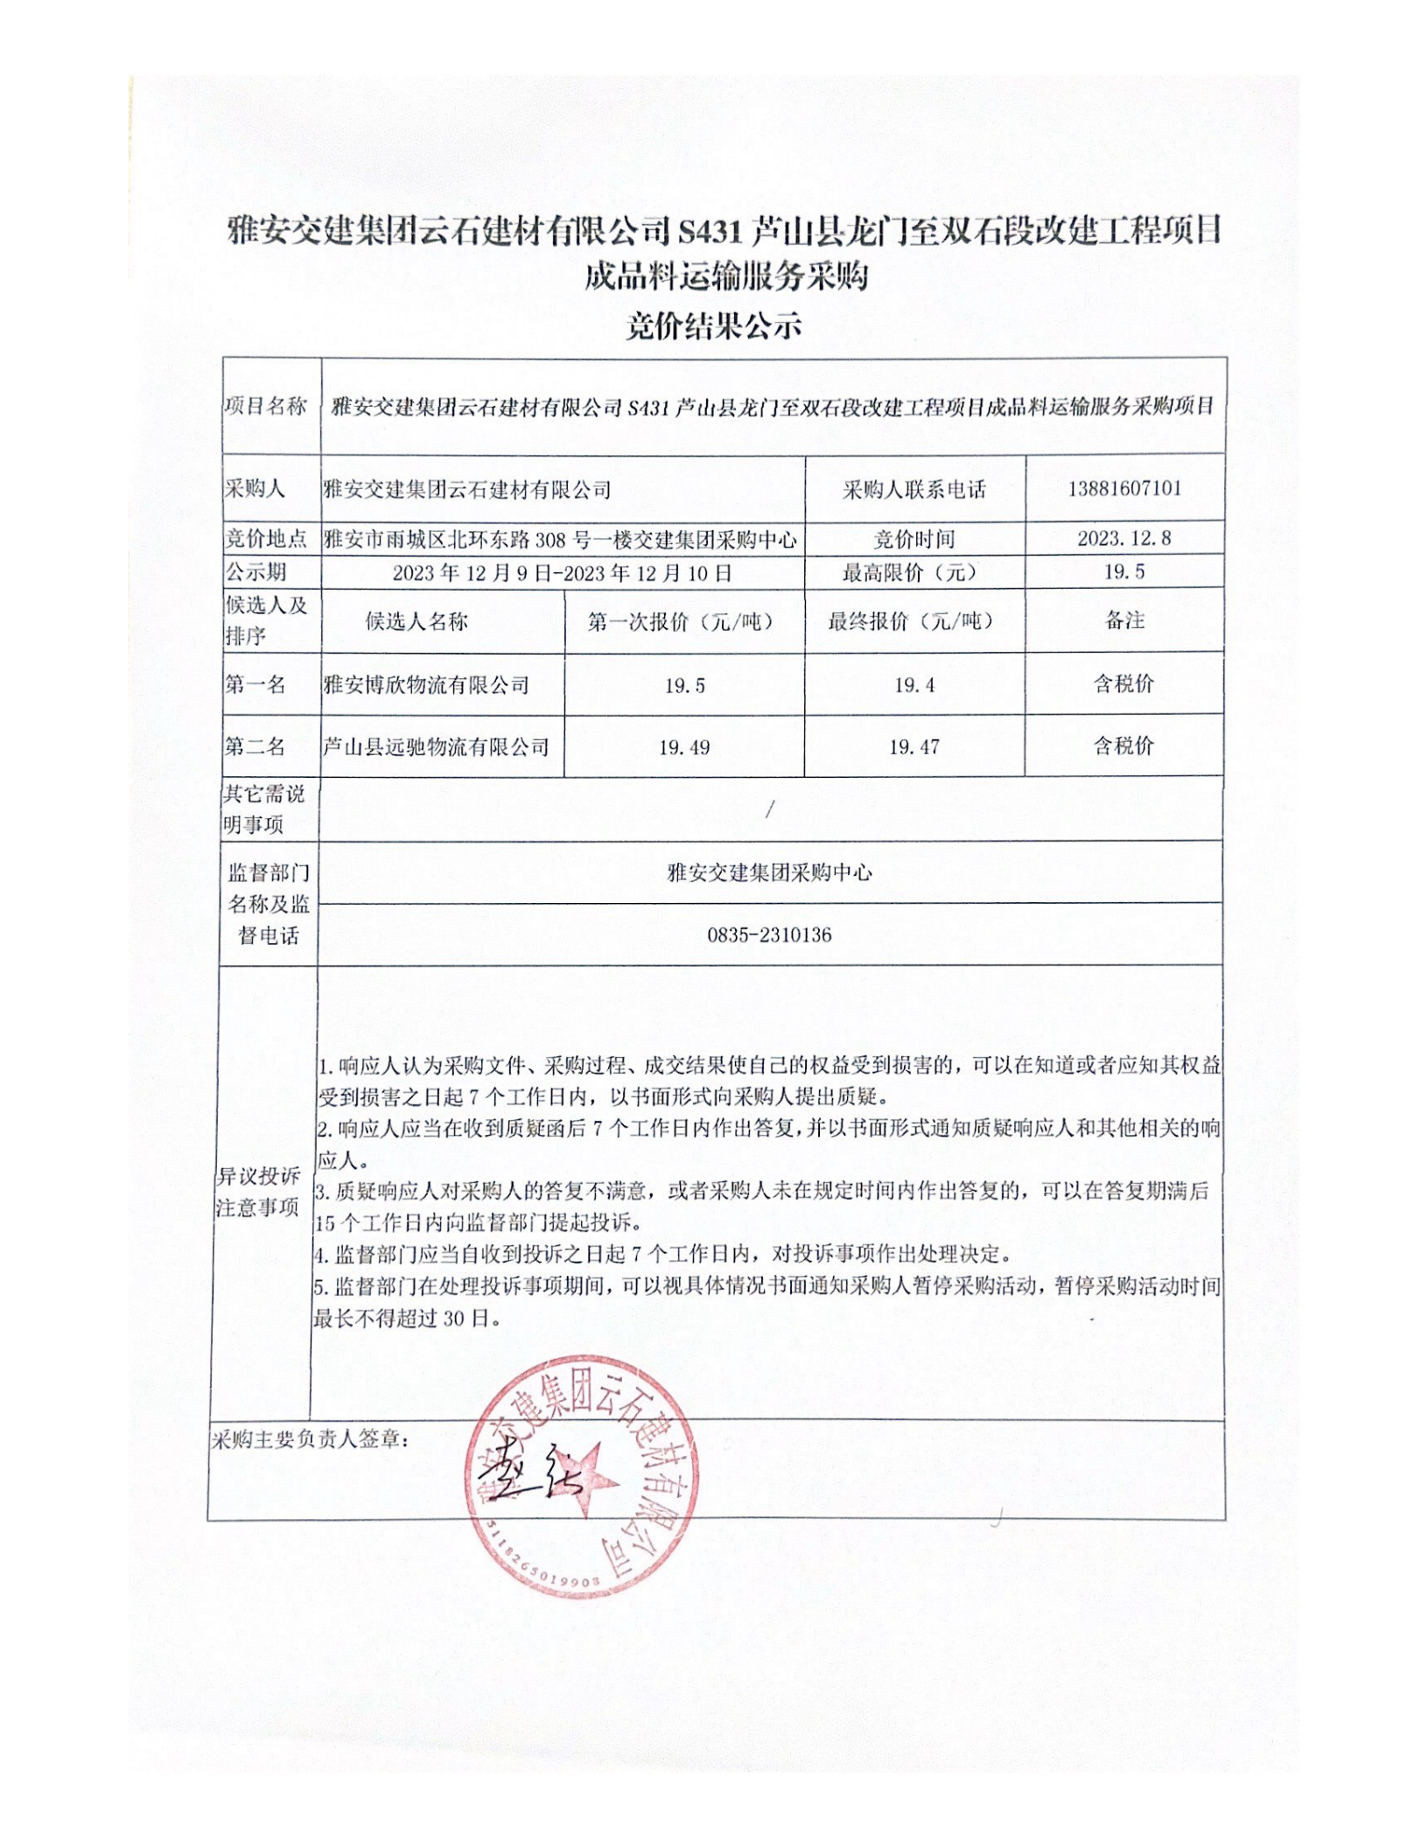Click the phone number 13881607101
(1124, 488)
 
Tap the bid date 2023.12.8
(1124, 538)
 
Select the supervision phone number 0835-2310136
(769, 934)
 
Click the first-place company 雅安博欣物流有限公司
(426, 684)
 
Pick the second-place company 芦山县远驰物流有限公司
(436, 746)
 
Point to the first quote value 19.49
(684, 747)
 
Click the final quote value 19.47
(914, 746)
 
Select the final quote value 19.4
(914, 685)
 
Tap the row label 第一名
(255, 684)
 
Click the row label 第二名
(255, 746)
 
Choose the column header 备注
(1124, 620)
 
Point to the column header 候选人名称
(416, 621)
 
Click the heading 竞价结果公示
(713, 325)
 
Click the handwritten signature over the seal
(525, 1479)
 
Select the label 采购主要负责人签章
(310, 1438)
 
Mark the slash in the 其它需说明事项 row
(769, 810)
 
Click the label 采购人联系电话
(914, 489)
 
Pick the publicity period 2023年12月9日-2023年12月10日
(562, 573)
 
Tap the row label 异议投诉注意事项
(258, 1192)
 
